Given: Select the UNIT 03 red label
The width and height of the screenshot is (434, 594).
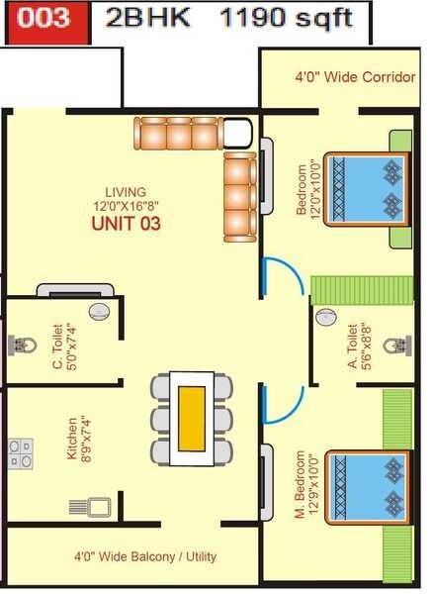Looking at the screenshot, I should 126,224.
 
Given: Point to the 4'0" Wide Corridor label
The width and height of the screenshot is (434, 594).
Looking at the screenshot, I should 354,76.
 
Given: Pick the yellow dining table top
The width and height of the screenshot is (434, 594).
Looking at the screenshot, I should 191,417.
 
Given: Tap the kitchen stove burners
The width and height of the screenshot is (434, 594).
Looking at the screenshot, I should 21,453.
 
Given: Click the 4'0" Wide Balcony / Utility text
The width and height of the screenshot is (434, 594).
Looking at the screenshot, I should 145,557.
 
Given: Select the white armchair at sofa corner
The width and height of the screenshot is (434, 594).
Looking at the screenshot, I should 237,133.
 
